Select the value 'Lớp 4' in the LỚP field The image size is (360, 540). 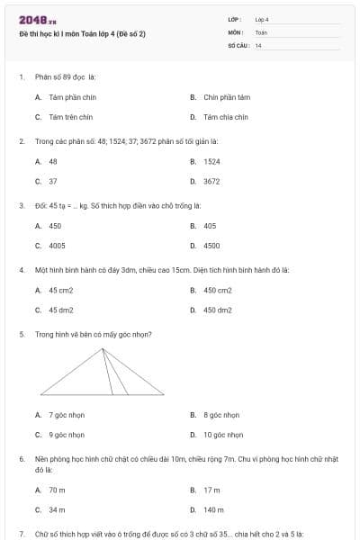[262, 19]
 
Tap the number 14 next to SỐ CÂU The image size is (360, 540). [258, 45]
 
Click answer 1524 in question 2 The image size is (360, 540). [211, 161]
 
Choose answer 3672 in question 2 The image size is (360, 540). [211, 181]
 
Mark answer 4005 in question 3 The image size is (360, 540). [57, 245]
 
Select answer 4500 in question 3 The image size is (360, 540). [211, 245]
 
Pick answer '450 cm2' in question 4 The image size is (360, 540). [217, 290]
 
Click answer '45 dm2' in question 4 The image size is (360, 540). [61, 310]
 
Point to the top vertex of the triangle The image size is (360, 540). [102, 349]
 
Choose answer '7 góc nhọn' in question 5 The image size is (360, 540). [67, 415]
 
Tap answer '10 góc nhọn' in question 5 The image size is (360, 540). [222, 435]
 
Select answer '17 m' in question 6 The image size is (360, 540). [211, 490]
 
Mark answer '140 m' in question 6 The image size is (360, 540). [213, 509]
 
